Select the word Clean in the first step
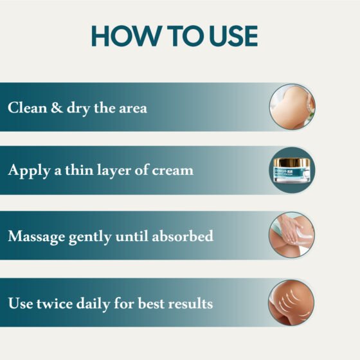tap(28, 107)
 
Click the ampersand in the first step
tap(58, 107)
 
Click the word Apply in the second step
tap(28, 171)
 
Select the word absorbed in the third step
tap(183, 236)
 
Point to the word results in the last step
tap(190, 302)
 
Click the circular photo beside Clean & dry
tap(292, 107)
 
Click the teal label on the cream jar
tap(292, 175)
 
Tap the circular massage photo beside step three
tap(292, 236)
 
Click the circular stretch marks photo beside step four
tap(292, 302)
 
